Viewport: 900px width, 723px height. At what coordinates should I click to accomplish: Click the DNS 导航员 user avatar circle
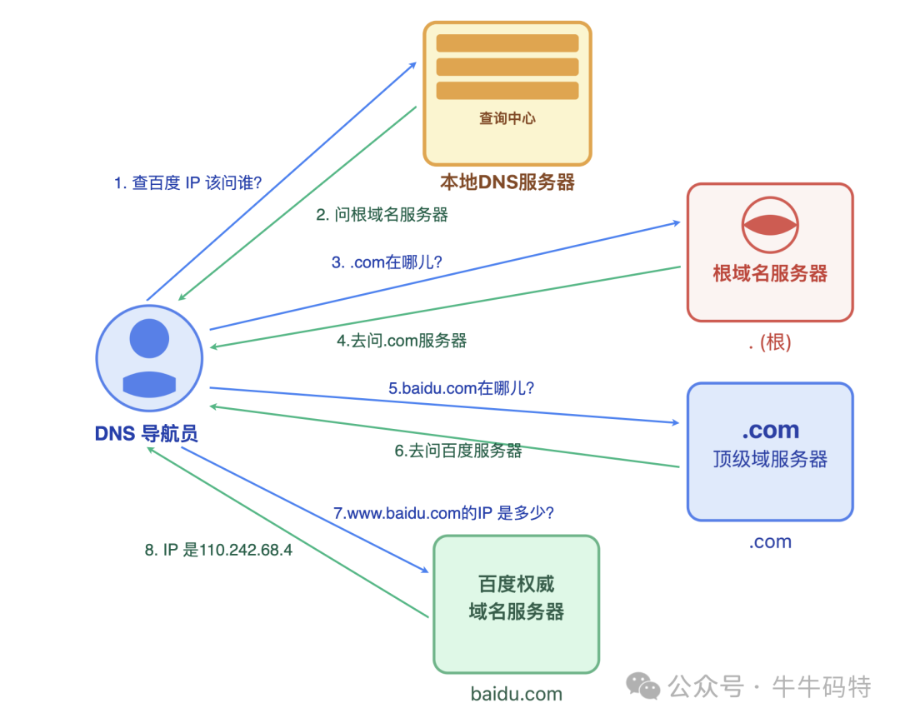(149, 358)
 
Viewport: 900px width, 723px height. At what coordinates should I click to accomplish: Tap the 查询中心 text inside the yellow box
(507, 118)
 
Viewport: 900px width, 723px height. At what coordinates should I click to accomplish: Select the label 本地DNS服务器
(507, 182)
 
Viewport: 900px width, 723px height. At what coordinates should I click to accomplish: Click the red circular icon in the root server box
(770, 224)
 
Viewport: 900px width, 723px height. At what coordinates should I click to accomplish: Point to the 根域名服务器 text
(770, 273)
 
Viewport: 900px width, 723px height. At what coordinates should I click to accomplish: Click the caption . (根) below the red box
(770, 342)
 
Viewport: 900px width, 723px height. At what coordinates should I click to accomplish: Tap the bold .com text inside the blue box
(770, 430)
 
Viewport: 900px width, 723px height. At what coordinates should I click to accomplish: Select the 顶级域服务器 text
(770, 459)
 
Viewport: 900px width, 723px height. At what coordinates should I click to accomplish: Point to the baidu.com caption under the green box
(516, 694)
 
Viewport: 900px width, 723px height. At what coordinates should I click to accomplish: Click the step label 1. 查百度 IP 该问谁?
(187, 182)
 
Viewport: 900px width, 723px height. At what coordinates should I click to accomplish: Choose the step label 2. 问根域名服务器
(382, 214)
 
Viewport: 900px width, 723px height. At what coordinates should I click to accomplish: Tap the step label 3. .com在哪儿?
(387, 262)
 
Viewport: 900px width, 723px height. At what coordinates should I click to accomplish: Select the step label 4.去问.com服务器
(402, 340)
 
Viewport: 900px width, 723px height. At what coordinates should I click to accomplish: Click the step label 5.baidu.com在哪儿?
(461, 387)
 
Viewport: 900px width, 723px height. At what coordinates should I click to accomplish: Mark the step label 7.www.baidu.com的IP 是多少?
(443, 513)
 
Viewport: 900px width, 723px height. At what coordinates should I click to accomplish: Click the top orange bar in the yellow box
(507, 43)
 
